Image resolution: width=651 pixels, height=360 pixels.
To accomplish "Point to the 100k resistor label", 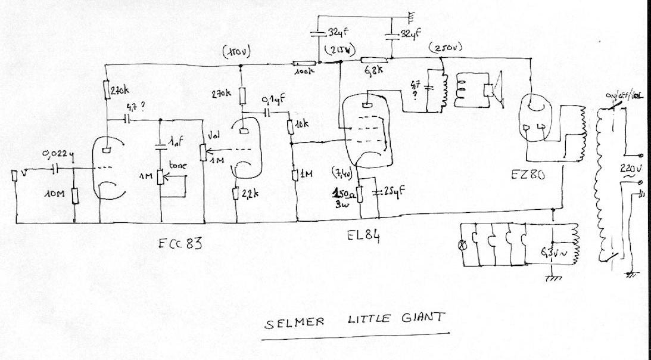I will (303, 72).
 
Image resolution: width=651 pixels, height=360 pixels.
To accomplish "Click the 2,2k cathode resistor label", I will (253, 193).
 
